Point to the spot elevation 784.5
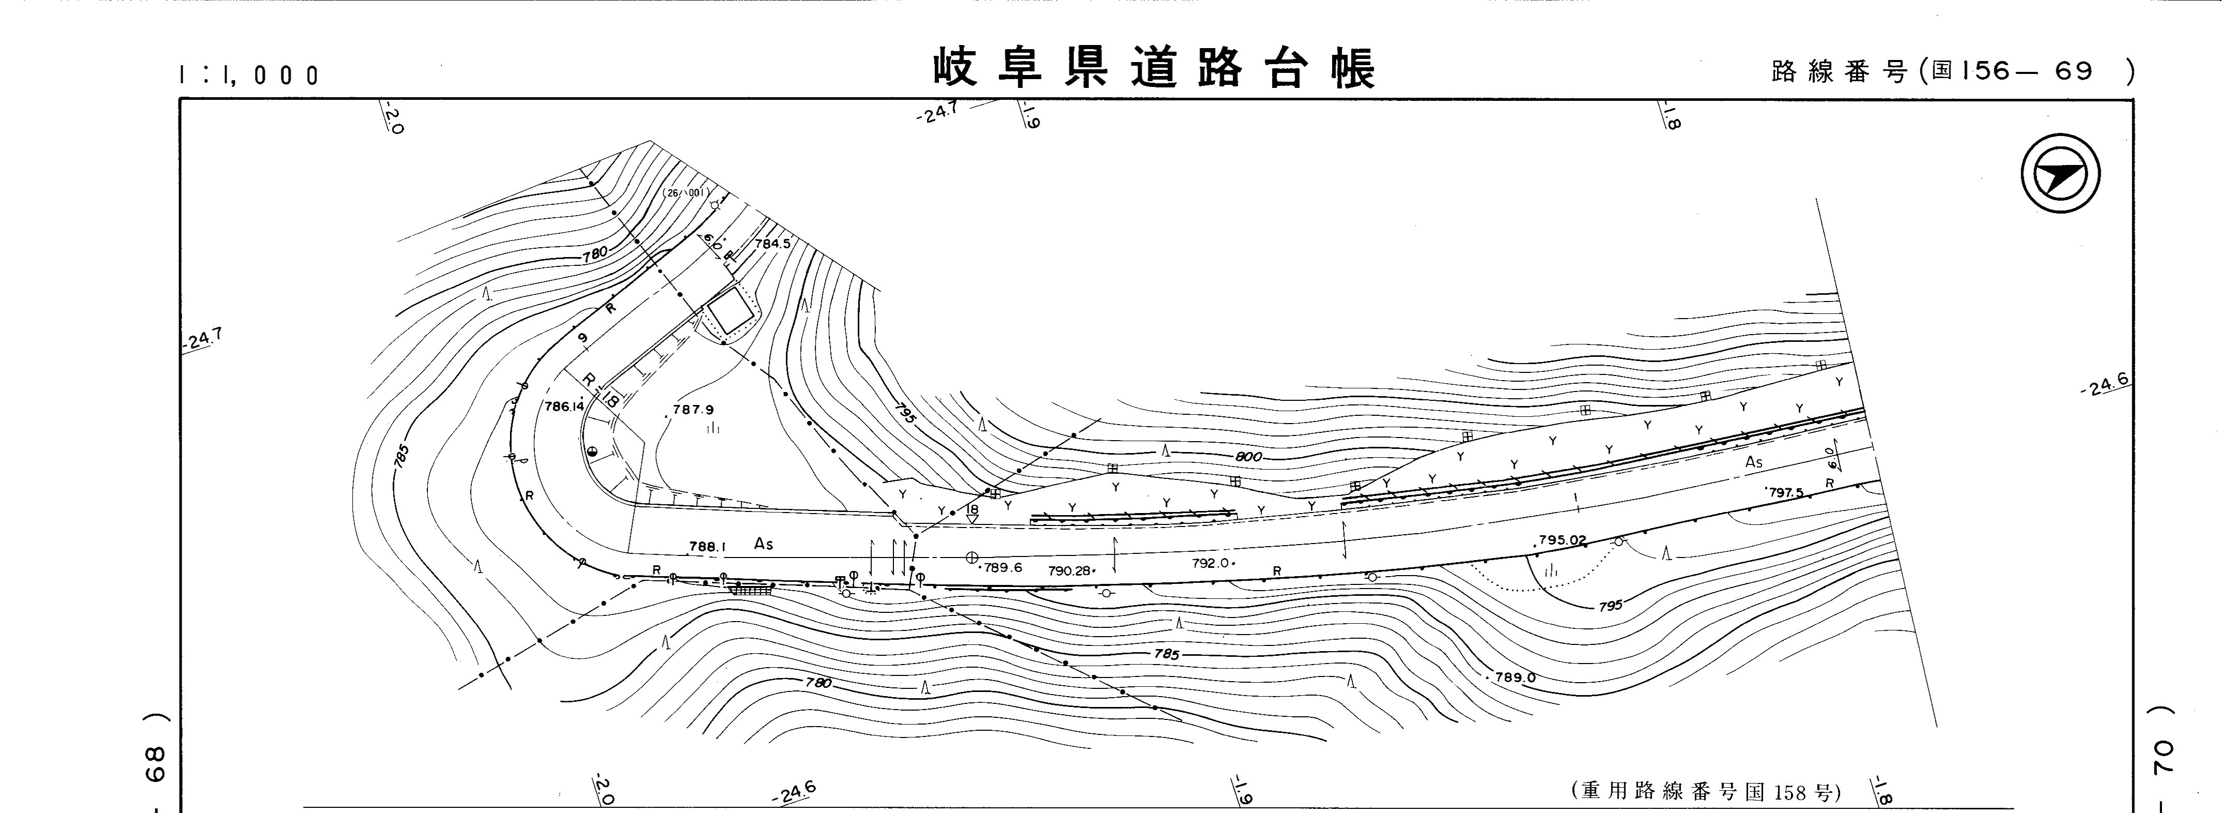(773, 244)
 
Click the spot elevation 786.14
(564, 406)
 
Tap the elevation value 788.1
(707, 546)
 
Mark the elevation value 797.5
(1785, 493)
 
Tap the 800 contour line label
(1248, 457)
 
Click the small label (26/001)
(686, 193)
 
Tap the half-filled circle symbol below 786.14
(592, 452)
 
